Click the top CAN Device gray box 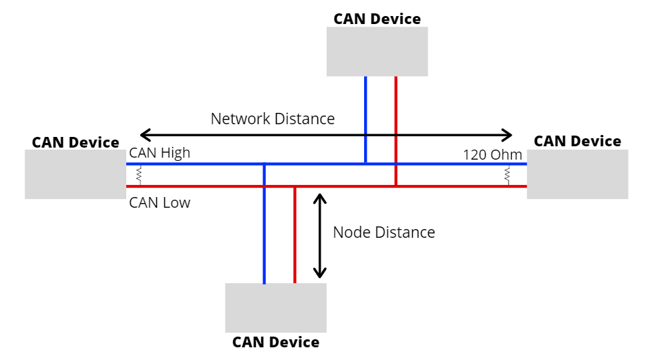tap(377, 51)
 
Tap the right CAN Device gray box tap(577, 174)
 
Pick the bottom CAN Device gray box tap(275, 308)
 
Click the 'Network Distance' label tap(273, 119)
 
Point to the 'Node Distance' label tap(383, 232)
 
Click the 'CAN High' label tap(160, 153)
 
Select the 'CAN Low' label tap(160, 202)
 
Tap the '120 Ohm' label tap(492, 154)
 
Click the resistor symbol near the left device tap(139, 175)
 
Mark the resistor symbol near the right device tap(507, 175)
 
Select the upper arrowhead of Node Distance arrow tap(321, 198)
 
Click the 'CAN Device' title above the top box tap(377, 19)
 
